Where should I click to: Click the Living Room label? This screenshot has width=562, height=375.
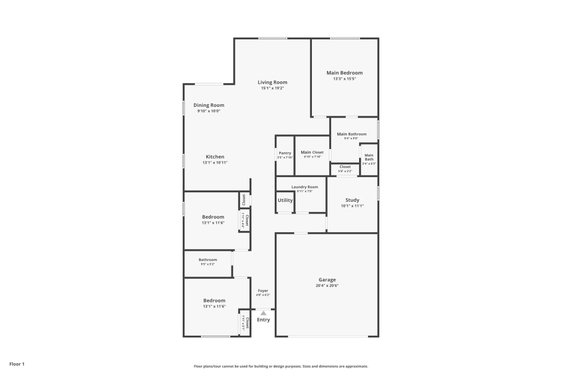(x=273, y=82)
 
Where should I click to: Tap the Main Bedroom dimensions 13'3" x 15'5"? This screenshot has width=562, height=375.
(x=345, y=79)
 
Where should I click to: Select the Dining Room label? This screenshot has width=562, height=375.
(x=209, y=105)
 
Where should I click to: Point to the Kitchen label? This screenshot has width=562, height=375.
(x=215, y=157)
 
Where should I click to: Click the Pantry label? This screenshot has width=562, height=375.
(x=285, y=153)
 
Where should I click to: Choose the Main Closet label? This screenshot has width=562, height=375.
(x=312, y=152)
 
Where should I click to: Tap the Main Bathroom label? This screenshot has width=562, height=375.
(x=352, y=134)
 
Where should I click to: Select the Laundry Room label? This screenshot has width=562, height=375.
(x=305, y=187)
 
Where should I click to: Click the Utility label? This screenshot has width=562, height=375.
(x=285, y=200)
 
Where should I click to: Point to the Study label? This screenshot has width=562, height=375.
(x=352, y=200)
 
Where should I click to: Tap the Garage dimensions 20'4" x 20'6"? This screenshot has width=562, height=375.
(x=327, y=286)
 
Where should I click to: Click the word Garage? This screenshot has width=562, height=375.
(x=327, y=279)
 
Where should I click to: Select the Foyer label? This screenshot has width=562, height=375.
(x=263, y=291)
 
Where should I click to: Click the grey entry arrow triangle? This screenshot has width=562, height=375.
(x=263, y=313)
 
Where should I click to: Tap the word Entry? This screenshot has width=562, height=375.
(x=263, y=320)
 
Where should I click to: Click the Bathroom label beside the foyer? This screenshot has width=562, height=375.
(x=207, y=260)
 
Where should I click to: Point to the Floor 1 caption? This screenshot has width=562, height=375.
(x=17, y=364)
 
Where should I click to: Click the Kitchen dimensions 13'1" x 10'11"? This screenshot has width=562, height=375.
(x=215, y=162)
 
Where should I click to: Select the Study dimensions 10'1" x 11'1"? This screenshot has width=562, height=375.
(x=352, y=206)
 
